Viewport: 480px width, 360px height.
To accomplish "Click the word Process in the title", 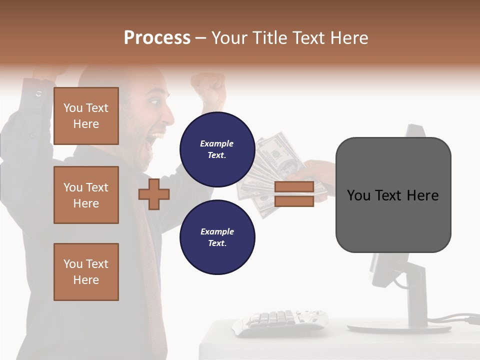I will pyautogui.click(x=157, y=38).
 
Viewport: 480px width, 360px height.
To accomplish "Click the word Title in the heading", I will pyautogui.click(x=270, y=38).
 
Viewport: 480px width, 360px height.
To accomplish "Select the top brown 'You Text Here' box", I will pyautogui.click(x=86, y=116).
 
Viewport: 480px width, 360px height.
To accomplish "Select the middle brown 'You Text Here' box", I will pyautogui.click(x=86, y=195).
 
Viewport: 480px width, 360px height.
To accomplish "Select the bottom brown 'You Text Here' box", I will pyautogui.click(x=86, y=271).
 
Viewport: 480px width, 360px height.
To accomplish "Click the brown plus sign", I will pyautogui.click(x=154, y=194).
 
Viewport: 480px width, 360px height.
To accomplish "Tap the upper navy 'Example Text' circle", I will pyautogui.click(x=217, y=149).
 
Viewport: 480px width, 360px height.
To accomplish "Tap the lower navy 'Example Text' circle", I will pyautogui.click(x=217, y=237).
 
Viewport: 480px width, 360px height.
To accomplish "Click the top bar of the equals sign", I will pyautogui.click(x=294, y=187).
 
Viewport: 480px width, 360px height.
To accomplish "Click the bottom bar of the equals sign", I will pyautogui.click(x=294, y=201).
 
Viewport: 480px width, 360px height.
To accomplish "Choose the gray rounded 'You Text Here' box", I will pyautogui.click(x=393, y=195).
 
